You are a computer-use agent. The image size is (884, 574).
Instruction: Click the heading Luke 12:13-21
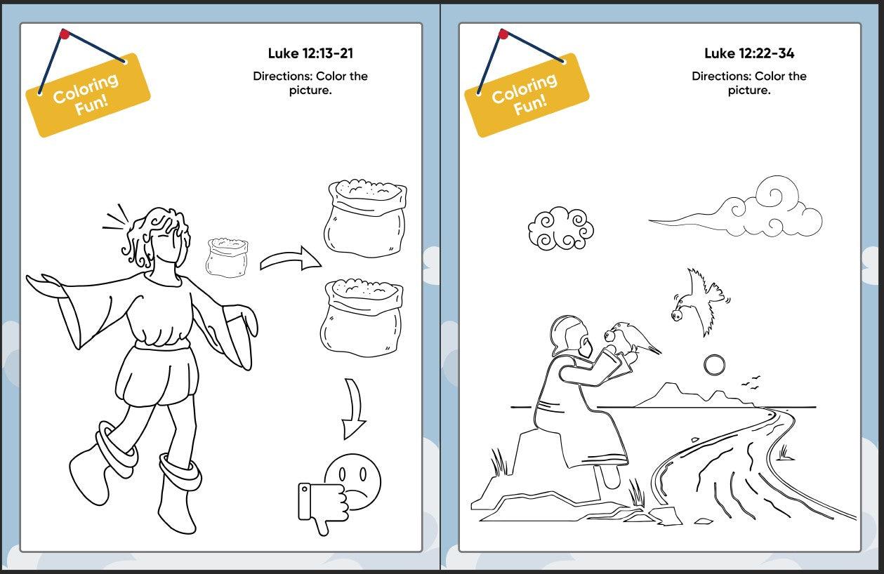pos(310,53)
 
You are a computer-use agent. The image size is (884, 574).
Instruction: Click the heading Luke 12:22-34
pos(749,53)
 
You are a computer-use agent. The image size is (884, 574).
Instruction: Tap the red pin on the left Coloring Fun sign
pos(65,34)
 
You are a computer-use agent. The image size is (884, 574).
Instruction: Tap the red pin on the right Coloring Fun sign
pos(503,34)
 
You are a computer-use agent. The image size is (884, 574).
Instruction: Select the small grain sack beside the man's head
pos(227,258)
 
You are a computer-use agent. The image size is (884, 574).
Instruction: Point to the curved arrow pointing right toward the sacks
pos(290,258)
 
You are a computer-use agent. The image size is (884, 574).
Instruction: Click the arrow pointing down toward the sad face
pos(354,409)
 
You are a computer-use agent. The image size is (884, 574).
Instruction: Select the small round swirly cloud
pos(561,229)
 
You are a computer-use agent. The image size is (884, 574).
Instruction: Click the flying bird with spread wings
pos(699,302)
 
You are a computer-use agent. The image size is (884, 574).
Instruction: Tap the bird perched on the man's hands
pos(631,338)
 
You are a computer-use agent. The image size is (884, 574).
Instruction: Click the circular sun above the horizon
pos(714,366)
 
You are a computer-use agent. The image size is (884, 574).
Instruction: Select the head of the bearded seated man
pos(571,336)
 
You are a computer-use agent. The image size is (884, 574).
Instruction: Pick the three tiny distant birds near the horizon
pos(750,382)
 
